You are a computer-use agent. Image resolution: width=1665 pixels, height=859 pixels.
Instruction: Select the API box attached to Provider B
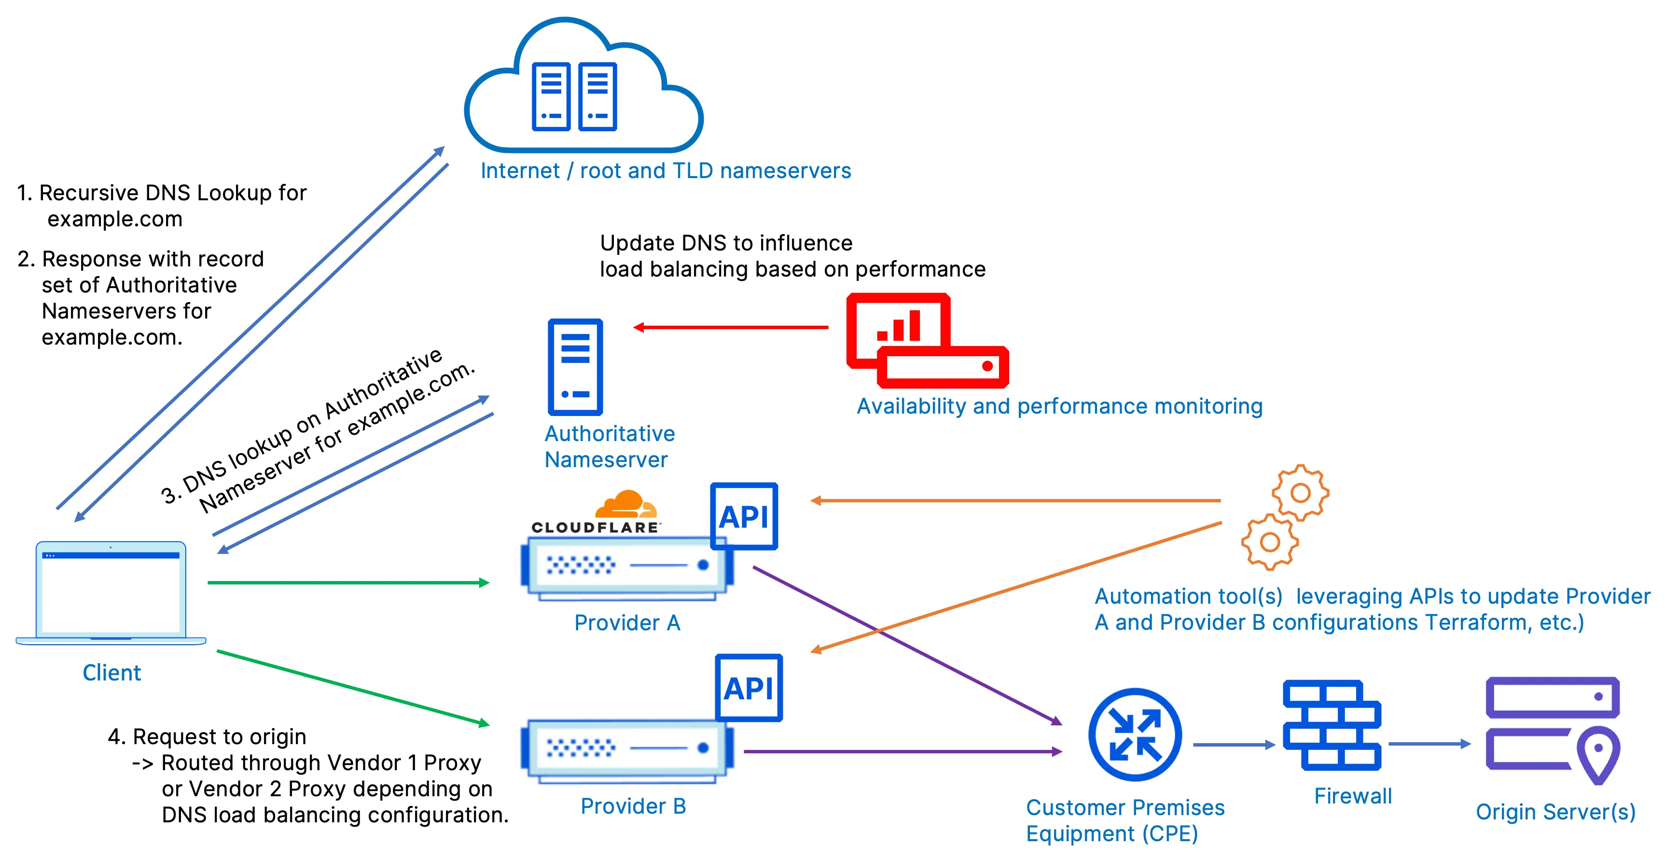pos(749,688)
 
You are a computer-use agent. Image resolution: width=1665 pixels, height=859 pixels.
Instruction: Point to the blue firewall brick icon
pos(1332,725)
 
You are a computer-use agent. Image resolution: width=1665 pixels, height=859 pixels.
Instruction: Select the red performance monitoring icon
pos(926,341)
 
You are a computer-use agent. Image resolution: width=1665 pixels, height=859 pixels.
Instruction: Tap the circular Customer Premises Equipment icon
pos(1135,735)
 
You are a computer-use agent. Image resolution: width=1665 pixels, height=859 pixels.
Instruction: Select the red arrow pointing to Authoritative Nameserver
pos(730,328)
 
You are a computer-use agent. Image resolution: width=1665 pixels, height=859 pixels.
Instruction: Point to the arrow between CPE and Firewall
pos(1233,745)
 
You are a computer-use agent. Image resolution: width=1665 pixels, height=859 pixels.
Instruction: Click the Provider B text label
pos(633,806)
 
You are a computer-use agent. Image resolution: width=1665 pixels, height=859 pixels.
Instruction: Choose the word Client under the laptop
pos(111,673)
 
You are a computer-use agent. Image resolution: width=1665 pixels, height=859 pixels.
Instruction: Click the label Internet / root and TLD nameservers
pos(665,171)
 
